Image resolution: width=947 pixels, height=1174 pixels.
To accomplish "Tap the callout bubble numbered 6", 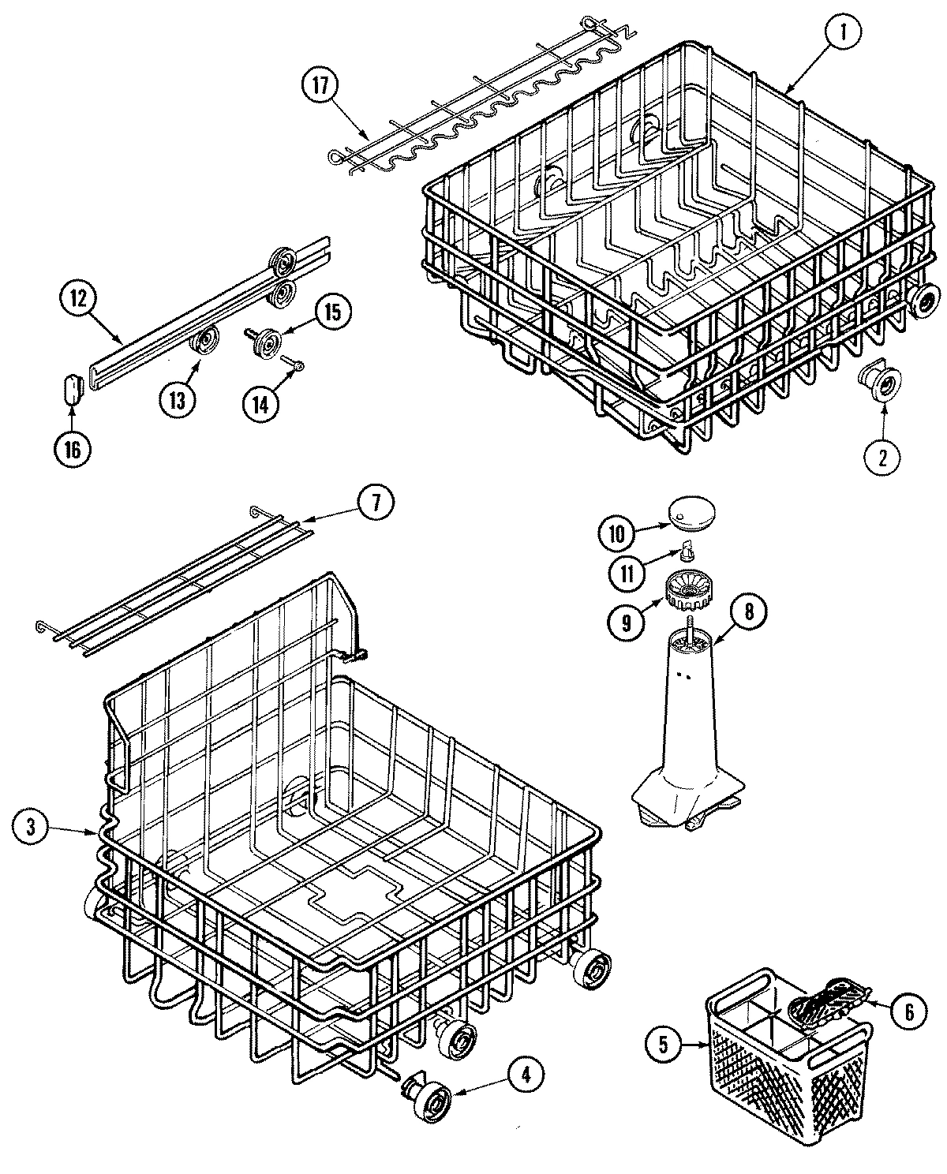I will pyautogui.click(x=909, y=1012).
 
